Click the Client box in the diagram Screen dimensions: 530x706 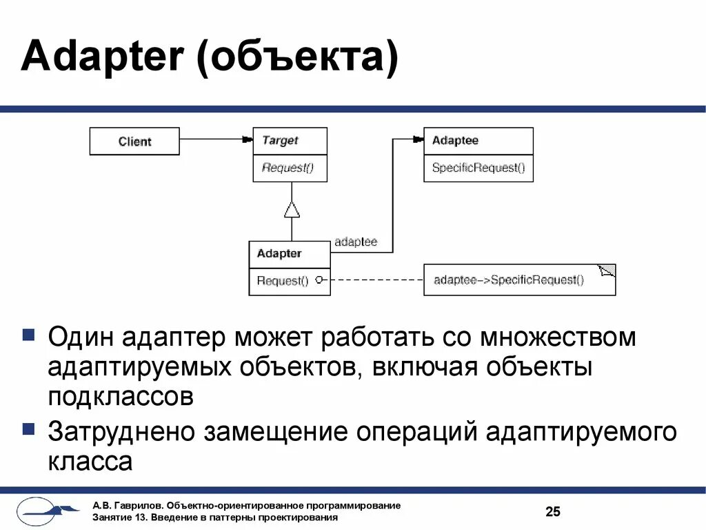point(134,141)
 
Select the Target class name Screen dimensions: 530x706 point(280,140)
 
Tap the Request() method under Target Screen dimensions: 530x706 point(288,168)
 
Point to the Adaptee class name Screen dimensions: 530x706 point(455,140)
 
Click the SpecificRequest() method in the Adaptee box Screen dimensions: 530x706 point(478,168)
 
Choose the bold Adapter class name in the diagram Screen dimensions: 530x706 point(279,253)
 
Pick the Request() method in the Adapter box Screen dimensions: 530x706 point(282,281)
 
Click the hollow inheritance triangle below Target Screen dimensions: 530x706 point(292,208)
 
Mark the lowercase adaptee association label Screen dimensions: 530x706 point(356,242)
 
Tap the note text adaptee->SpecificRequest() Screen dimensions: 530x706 point(509,279)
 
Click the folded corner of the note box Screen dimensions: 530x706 point(607,271)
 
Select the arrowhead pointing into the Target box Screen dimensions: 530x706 point(246,139)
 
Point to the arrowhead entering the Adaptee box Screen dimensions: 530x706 point(416,139)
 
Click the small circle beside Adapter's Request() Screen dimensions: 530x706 point(319,279)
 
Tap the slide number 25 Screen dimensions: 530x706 point(553,511)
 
